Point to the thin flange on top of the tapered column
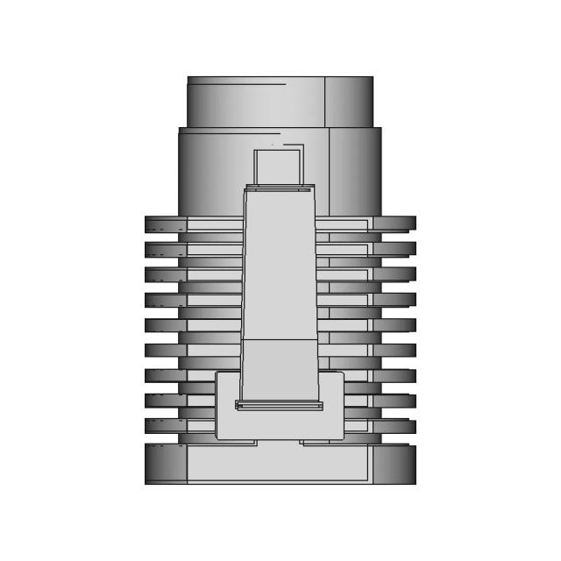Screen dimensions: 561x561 coord(280,187)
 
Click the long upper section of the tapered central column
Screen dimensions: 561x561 coord(279,263)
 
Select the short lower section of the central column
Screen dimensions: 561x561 coord(279,368)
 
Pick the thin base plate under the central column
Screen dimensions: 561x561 coord(279,405)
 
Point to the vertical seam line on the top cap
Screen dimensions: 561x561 coord(325,102)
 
